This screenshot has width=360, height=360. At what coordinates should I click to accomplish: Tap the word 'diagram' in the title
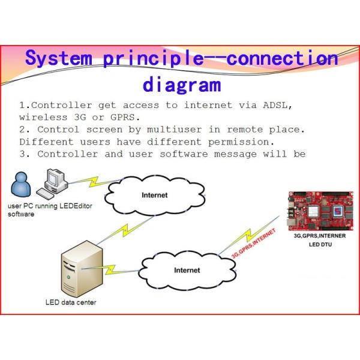point(180,83)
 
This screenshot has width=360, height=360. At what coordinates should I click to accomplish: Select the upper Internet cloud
point(154,196)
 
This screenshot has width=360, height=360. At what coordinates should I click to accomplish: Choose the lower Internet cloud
point(187,270)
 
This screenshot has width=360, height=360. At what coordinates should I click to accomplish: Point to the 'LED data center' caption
point(71,302)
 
